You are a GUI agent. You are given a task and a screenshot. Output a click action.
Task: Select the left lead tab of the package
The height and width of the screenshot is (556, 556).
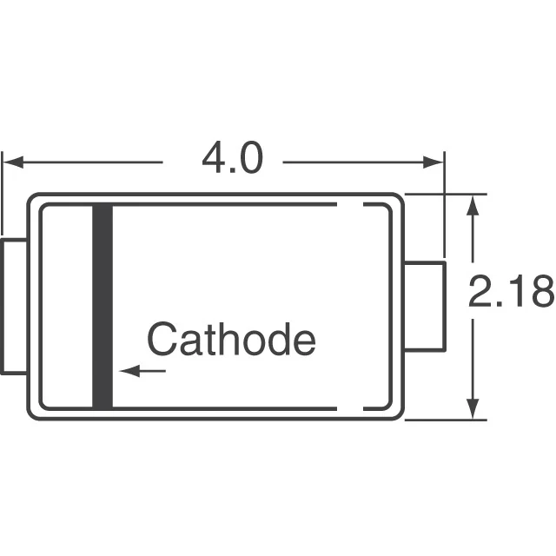coord(14,307)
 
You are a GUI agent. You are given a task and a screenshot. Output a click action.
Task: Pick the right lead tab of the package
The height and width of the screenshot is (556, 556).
coord(426,306)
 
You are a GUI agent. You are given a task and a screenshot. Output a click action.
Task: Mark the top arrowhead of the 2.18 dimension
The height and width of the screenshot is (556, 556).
coord(473,205)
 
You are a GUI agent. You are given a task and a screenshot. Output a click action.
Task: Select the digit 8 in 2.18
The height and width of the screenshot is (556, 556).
coord(540,293)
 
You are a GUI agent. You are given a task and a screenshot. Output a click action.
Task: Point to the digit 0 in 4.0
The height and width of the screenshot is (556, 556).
coord(248,159)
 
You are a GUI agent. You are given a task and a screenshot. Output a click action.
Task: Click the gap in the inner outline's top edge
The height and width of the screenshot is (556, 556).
coord(349,205)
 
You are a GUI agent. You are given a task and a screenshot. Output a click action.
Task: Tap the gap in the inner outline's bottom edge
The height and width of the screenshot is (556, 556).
coord(349,407)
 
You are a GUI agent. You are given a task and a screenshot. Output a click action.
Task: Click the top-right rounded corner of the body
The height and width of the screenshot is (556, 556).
coord(398,199)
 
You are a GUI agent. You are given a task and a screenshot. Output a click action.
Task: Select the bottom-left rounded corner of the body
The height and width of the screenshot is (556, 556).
coord(33,414)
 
